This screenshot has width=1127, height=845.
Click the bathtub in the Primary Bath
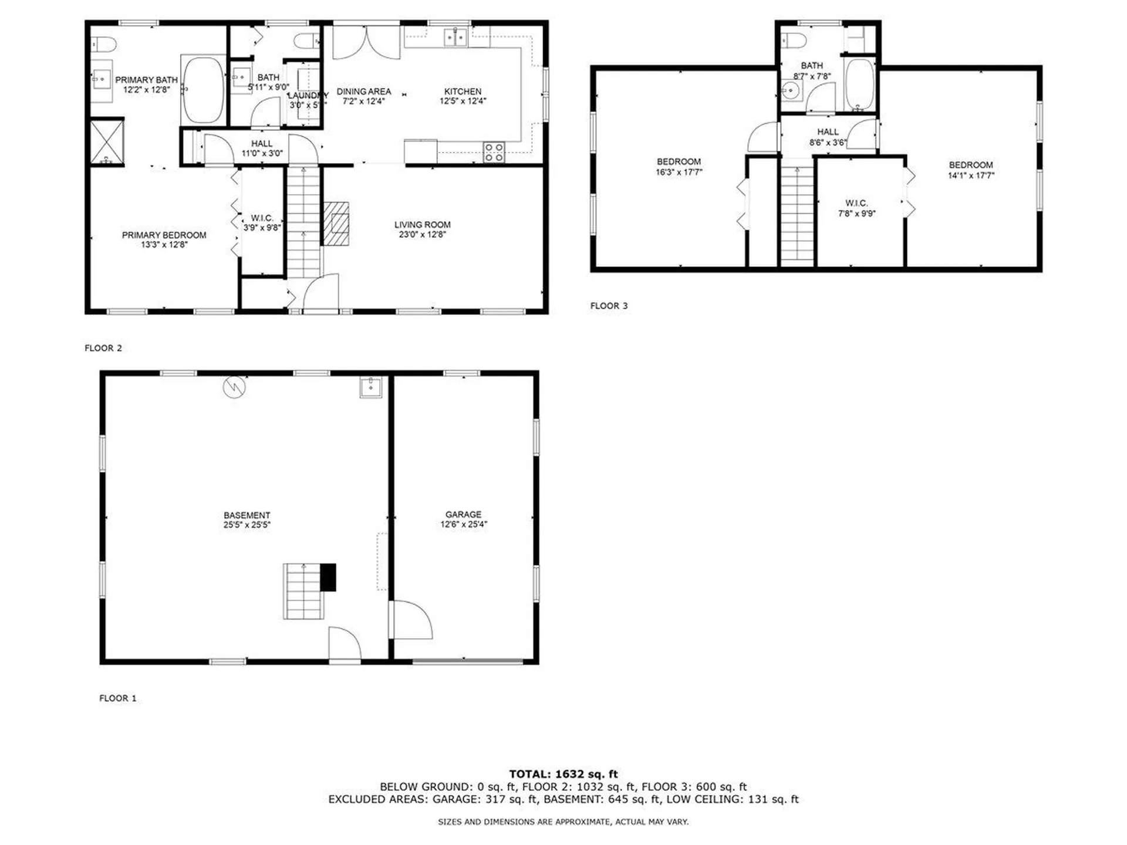[x=203, y=89]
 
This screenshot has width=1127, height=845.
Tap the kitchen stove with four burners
[x=494, y=152]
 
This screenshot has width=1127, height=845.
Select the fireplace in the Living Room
[x=336, y=224]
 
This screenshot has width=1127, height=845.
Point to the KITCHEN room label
[x=463, y=92]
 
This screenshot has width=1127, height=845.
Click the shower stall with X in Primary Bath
[x=107, y=141]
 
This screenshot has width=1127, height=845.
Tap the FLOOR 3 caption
[x=609, y=306]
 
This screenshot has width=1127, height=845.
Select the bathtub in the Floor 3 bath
[x=859, y=84]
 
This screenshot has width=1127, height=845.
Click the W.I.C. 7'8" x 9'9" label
[x=856, y=208]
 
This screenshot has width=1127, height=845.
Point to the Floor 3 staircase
[x=797, y=214]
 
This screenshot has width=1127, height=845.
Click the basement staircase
[x=303, y=591]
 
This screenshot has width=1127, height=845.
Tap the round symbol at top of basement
[x=234, y=387]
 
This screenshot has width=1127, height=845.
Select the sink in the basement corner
[x=370, y=387]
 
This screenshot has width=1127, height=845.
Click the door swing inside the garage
[x=412, y=620]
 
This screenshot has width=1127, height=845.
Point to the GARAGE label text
[x=463, y=514]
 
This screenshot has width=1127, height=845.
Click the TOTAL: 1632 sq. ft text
[x=563, y=774]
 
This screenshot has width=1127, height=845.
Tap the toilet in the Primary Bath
[x=104, y=44]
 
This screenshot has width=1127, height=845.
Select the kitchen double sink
[x=455, y=38]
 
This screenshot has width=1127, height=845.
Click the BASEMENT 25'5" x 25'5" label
[x=247, y=520]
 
